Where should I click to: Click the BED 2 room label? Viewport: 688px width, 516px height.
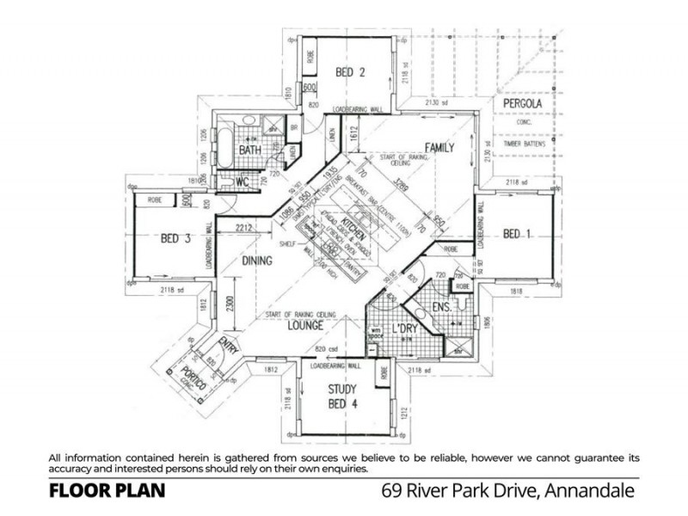click(351, 72)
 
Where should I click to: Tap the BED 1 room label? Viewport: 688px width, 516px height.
click(519, 234)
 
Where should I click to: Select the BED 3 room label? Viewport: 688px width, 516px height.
click(175, 239)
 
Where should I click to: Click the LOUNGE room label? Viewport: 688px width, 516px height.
click(305, 326)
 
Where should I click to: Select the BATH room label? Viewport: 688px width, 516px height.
click(250, 150)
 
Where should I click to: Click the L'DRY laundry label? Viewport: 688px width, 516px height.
click(404, 329)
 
